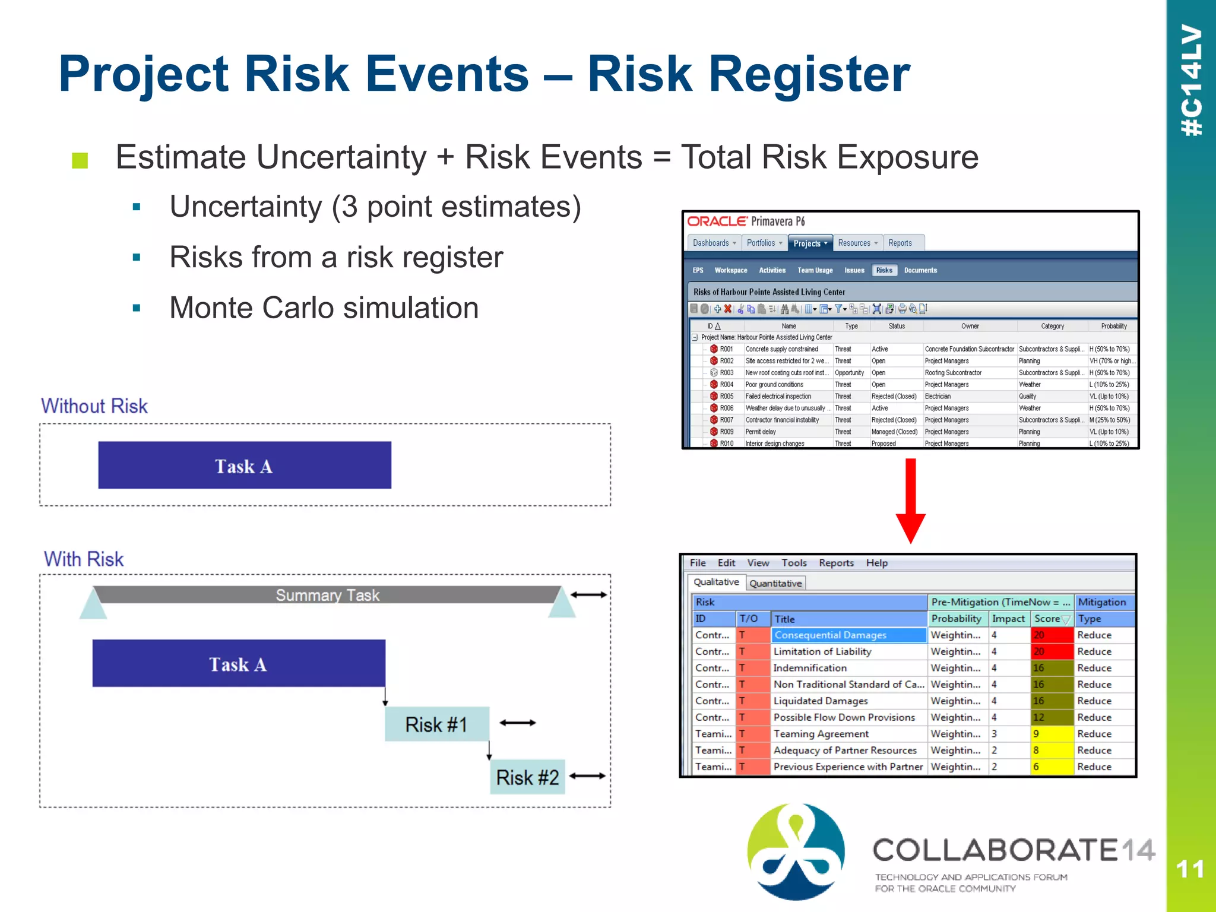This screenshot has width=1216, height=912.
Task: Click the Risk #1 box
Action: point(436,724)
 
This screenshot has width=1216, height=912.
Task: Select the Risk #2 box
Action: point(527,777)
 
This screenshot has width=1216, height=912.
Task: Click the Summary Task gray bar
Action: point(327,595)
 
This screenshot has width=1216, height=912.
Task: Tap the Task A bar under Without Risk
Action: point(244,465)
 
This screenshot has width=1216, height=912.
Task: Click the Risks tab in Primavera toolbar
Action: point(884,270)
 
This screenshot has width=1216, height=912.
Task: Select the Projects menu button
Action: point(810,243)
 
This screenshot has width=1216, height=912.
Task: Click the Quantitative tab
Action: point(775,583)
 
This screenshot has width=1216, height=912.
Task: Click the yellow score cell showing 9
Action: point(1052,734)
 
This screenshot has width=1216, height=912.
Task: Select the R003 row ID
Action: point(727,373)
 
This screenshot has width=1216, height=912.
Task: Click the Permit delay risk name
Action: point(761,432)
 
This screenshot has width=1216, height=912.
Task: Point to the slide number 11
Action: point(1190,869)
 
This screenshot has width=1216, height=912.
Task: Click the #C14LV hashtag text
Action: point(1191,80)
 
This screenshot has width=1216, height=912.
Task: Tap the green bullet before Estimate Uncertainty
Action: point(80,160)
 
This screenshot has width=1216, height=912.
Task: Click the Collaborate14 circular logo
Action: point(796,851)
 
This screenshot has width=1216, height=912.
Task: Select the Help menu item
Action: point(876,563)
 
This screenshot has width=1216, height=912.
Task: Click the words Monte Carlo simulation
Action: point(324,308)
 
